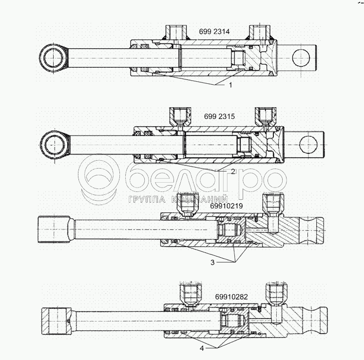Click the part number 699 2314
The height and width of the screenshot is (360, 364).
click(x=214, y=32)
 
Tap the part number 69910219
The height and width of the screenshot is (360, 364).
click(x=227, y=206)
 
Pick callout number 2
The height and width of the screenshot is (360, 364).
click(x=233, y=171)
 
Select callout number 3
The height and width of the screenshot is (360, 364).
click(x=212, y=263)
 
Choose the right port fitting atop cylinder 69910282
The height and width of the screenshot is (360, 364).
click(x=273, y=294)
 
